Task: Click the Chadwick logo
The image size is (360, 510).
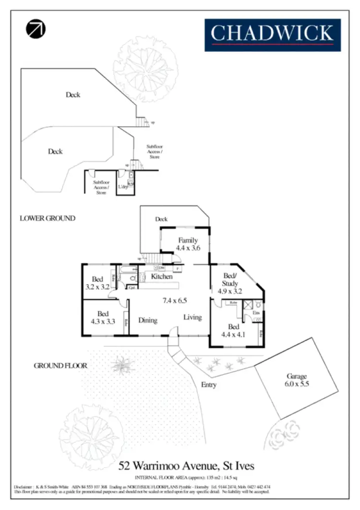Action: [273, 35]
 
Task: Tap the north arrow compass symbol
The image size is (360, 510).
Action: [36, 29]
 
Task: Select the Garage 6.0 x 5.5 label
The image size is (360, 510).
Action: [297, 380]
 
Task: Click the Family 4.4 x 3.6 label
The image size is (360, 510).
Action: [188, 244]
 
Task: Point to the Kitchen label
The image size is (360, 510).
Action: [161, 277]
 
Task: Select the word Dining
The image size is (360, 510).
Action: [148, 320]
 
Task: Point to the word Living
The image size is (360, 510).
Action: [193, 317]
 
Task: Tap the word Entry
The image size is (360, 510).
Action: [209, 385]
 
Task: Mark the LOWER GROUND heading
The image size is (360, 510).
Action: [48, 218]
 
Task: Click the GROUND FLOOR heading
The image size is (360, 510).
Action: [60, 366]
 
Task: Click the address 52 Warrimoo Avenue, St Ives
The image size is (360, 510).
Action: [187, 465]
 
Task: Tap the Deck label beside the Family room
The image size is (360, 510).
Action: [161, 219]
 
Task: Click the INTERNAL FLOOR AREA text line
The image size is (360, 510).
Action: [187, 477]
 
